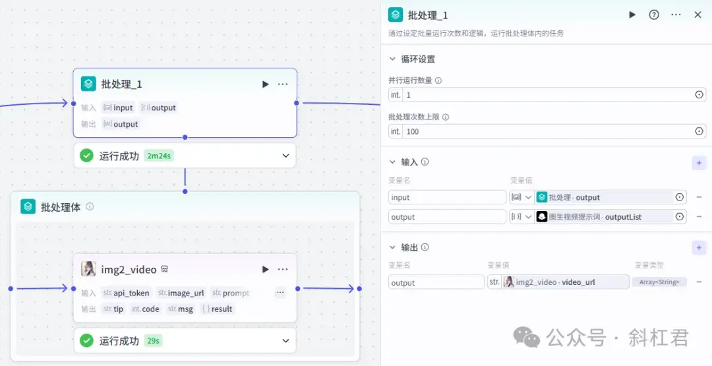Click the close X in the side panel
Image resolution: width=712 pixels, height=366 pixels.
tap(698, 15)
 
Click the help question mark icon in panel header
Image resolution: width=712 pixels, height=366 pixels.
tap(654, 15)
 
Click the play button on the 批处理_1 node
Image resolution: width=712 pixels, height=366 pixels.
tap(265, 84)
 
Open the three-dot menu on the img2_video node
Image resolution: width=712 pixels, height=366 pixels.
tap(282, 269)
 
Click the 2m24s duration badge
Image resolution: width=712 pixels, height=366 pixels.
tap(159, 156)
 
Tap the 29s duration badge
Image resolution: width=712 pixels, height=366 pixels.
tap(154, 340)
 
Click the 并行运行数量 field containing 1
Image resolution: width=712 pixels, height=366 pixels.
tap(548, 95)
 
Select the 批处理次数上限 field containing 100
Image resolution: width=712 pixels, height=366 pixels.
tap(548, 132)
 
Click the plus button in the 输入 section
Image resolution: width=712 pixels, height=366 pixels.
tap(699, 163)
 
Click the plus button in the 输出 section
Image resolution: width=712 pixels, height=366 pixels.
tap(699, 248)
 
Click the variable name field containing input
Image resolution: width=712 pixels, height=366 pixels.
tap(447, 198)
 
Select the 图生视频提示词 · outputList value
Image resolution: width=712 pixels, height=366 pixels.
tap(597, 217)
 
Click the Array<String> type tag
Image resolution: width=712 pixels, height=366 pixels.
tap(659, 282)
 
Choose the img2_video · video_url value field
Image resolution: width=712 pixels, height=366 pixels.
tap(558, 282)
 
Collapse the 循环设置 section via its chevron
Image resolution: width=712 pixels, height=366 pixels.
tap(393, 59)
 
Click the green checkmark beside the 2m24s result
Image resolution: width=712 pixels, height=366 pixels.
tap(86, 156)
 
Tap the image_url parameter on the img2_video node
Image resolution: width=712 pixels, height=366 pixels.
tap(181, 293)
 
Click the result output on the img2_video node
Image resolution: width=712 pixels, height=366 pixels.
tap(218, 309)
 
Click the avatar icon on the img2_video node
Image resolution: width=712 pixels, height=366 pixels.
tap(88, 269)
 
